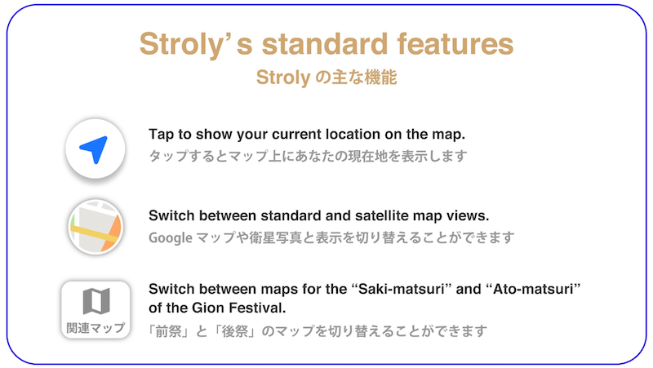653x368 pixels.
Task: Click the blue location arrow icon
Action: pos(94,149)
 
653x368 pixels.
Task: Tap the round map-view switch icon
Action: pos(96,227)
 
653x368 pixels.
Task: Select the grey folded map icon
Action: pos(96,300)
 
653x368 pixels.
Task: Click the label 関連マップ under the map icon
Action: pos(96,328)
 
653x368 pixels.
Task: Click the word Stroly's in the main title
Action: pos(196,44)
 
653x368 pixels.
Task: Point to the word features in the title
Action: pos(455,43)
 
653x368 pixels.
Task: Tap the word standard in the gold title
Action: pos(324,43)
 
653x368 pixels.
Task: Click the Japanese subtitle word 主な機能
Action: pos(363,78)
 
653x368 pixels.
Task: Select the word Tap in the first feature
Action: pos(161,135)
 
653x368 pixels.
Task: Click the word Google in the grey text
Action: pos(171,238)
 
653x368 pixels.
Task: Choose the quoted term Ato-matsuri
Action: pos(534,289)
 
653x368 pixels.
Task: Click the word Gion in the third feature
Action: pos(207,308)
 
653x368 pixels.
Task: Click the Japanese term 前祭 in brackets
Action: pos(168,331)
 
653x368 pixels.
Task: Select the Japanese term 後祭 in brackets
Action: pos(235,331)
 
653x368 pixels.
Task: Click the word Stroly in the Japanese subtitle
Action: pos(283,78)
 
